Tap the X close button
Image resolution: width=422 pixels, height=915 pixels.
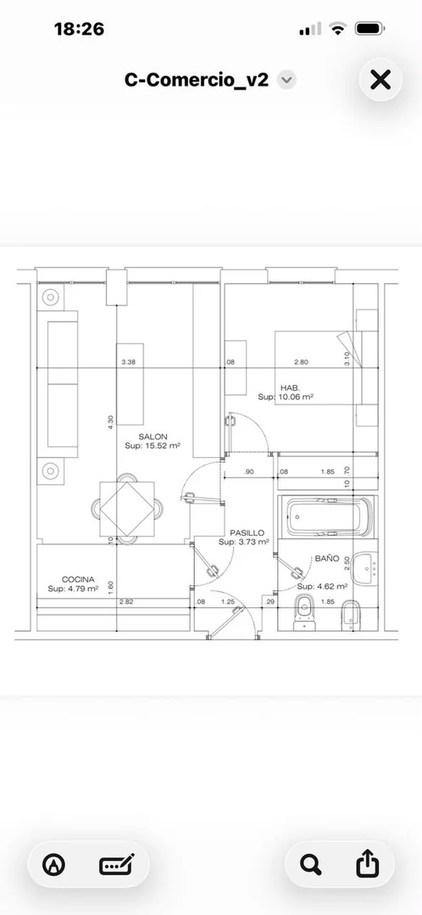380,80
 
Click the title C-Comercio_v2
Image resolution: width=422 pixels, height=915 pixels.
197,80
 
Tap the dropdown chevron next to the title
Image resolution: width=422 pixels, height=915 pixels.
286,80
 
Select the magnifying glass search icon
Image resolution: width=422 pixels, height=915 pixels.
311,864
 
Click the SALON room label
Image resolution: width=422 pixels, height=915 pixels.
153,437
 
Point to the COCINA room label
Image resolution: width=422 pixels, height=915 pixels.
79,579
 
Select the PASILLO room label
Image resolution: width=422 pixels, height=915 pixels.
247,533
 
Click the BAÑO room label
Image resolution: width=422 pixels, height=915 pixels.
327,559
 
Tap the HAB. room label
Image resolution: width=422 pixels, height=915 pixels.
289,388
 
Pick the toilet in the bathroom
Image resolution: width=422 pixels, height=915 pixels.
304,612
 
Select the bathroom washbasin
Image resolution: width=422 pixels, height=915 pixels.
365,568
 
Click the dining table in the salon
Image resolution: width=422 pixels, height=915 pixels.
127,509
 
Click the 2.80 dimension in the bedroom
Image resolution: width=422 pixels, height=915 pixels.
301,362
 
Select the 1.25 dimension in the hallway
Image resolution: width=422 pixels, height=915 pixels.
228,601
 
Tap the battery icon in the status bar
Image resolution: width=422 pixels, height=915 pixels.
369,28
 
